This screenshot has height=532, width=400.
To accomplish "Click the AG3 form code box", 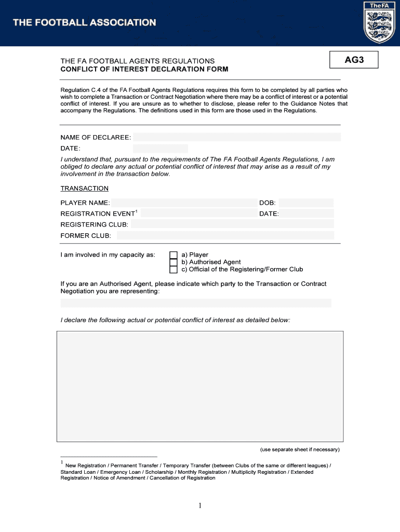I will [354, 60].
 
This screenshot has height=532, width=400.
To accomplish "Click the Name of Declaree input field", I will [236, 137].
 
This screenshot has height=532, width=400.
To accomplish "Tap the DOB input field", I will [306, 203].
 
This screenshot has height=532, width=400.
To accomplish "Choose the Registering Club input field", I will [232, 224].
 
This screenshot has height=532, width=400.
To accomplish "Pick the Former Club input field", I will [225, 236].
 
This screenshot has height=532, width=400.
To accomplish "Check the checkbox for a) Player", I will [174, 255].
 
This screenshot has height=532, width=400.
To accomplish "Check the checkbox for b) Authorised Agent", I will [174, 262].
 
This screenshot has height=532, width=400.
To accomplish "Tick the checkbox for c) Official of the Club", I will [174, 270].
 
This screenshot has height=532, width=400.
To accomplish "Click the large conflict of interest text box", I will [200, 387].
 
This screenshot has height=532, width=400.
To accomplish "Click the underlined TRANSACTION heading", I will [85, 189].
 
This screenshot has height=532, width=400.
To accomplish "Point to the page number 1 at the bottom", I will [200, 507].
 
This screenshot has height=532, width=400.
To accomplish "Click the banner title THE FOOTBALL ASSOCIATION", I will [84, 23].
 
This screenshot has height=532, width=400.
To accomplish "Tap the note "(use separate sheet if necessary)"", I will [300, 449].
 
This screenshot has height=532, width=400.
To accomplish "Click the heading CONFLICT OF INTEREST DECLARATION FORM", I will [144, 69].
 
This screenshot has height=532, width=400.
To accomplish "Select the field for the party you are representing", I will [196, 303].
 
